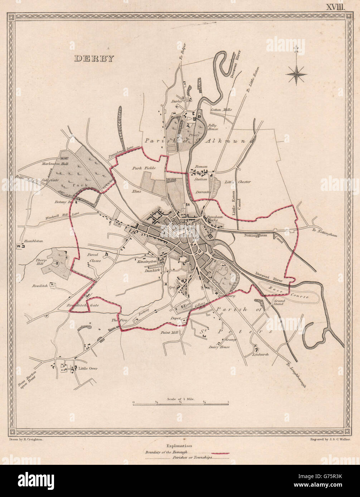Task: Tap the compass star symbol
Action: (x=296, y=75)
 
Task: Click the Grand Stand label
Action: (x=279, y=302)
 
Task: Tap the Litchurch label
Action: (x=260, y=354)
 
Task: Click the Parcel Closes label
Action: (x=94, y=258)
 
